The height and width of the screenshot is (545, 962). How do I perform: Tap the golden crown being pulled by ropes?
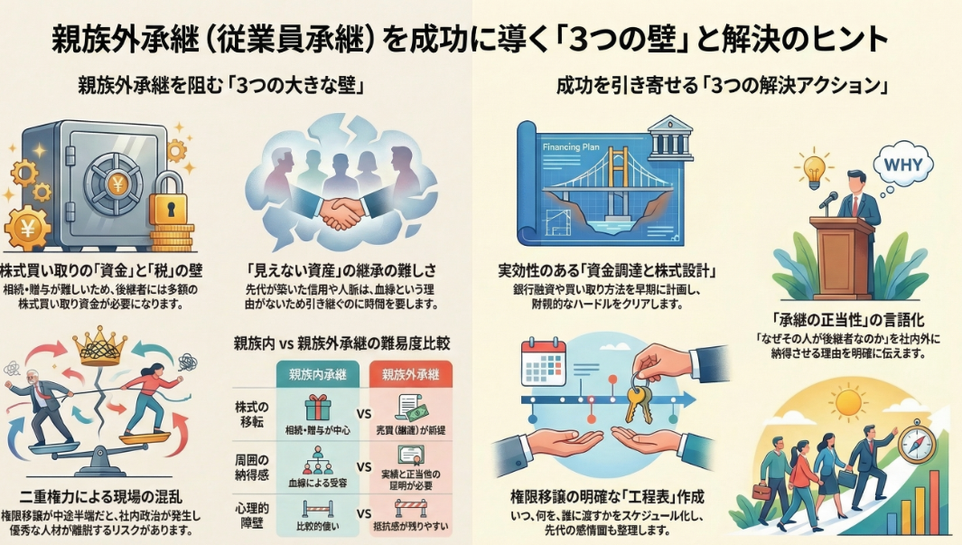coord(102,347)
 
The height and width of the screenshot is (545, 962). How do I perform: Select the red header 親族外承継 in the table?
coord(412,373)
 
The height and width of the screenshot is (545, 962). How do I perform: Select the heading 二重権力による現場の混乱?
coord(105,496)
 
